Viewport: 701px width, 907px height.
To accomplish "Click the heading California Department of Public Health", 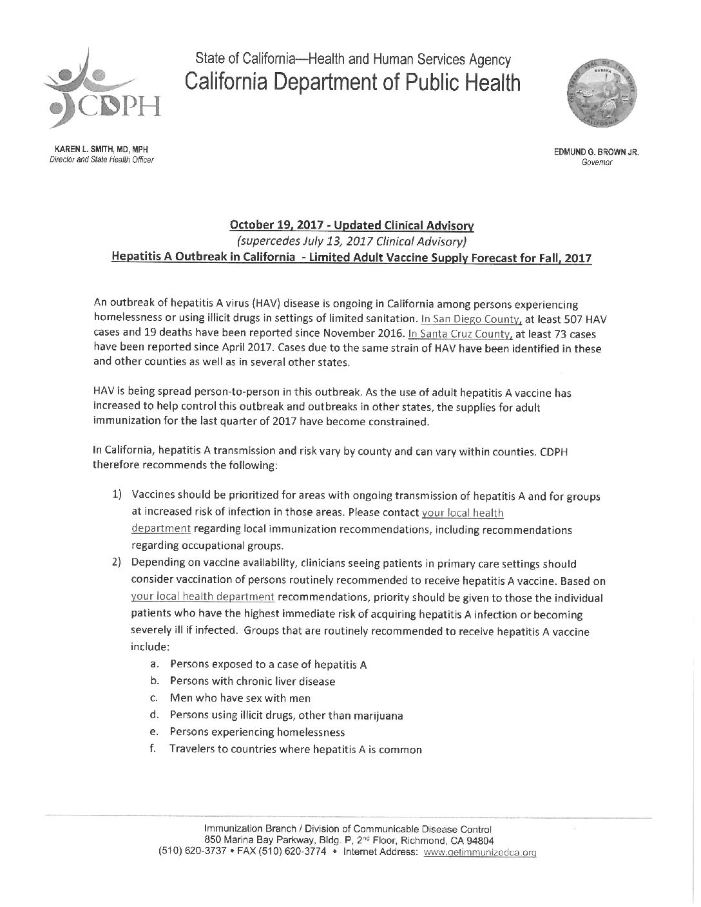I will coord(352,82).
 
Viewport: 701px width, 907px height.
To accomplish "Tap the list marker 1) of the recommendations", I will coord(117,495).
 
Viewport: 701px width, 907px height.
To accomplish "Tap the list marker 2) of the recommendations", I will coord(117,564).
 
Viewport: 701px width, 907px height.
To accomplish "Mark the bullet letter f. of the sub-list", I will coord(154,749).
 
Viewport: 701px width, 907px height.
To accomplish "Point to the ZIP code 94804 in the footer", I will coord(479,841).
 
